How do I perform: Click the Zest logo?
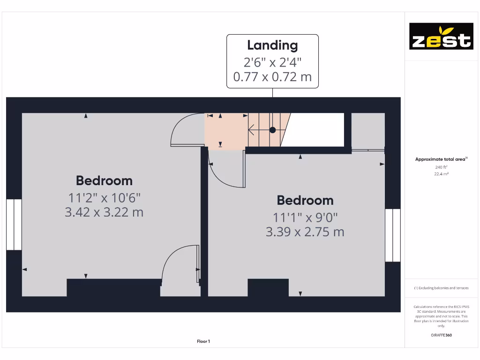click(441, 36)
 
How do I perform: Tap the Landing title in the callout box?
click(272, 45)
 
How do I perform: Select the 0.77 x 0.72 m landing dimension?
click(272, 76)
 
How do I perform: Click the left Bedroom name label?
click(104, 180)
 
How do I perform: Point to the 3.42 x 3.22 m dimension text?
click(104, 212)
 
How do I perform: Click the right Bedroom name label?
click(305, 200)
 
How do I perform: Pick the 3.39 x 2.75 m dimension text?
click(305, 232)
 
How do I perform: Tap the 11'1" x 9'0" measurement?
click(305, 217)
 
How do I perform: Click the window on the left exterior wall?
click(14, 225)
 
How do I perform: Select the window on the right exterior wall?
click(393, 235)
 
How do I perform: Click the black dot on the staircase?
click(272, 130)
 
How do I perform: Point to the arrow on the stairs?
click(255, 130)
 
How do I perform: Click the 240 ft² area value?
click(441, 167)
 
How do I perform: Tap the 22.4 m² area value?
click(441, 174)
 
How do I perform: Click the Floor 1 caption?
click(203, 341)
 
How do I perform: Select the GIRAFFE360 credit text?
click(441, 335)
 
